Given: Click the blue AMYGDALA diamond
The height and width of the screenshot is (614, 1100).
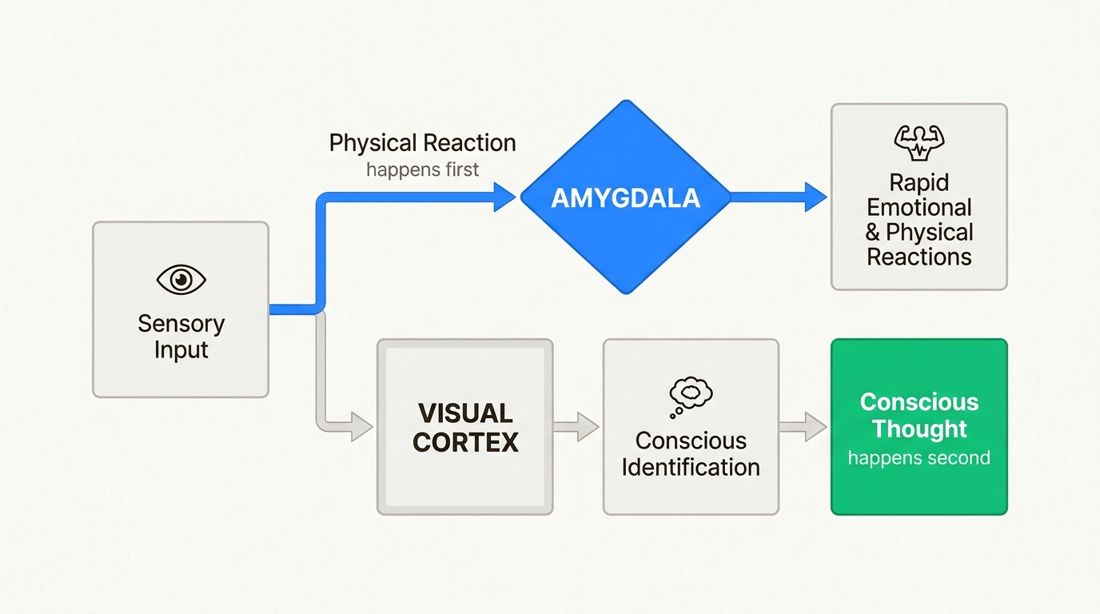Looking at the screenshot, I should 625,197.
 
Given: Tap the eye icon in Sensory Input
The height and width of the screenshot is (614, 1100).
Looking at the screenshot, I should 181,280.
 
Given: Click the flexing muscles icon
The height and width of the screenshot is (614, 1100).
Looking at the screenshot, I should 919,142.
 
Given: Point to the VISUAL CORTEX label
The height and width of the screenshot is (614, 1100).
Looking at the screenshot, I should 464,428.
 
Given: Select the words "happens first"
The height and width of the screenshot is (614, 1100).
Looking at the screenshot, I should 422,169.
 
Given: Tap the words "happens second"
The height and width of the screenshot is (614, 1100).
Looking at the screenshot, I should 919,458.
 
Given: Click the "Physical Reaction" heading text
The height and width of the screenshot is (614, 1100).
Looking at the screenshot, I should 422,143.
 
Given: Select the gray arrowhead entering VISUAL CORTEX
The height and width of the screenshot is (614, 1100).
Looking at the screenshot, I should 361,427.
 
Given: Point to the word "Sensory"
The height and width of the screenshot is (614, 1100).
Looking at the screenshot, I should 181,324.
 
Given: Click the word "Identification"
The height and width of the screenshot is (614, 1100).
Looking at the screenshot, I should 691,467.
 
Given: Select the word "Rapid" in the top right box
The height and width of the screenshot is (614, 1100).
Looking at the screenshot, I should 919,182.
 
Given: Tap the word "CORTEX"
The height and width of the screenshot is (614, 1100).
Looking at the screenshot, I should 464,442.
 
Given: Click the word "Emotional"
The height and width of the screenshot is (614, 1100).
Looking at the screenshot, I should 919,208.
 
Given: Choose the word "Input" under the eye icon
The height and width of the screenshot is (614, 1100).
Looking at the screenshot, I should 181,350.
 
